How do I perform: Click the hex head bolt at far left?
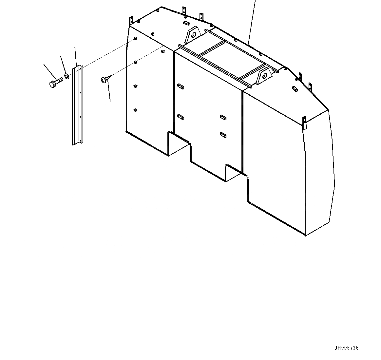point(55,83)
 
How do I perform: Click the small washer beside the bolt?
point(67,76)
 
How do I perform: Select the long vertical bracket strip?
point(78,105)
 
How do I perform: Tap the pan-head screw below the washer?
point(105,79)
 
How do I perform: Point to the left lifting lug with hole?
point(193,34)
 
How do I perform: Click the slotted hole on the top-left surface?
point(186,23)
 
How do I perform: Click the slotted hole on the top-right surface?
point(294,88)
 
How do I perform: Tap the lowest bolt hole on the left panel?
point(135,110)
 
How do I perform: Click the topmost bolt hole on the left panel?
point(135,39)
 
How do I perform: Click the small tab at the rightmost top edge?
point(310,86)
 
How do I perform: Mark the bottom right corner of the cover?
point(305,235)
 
